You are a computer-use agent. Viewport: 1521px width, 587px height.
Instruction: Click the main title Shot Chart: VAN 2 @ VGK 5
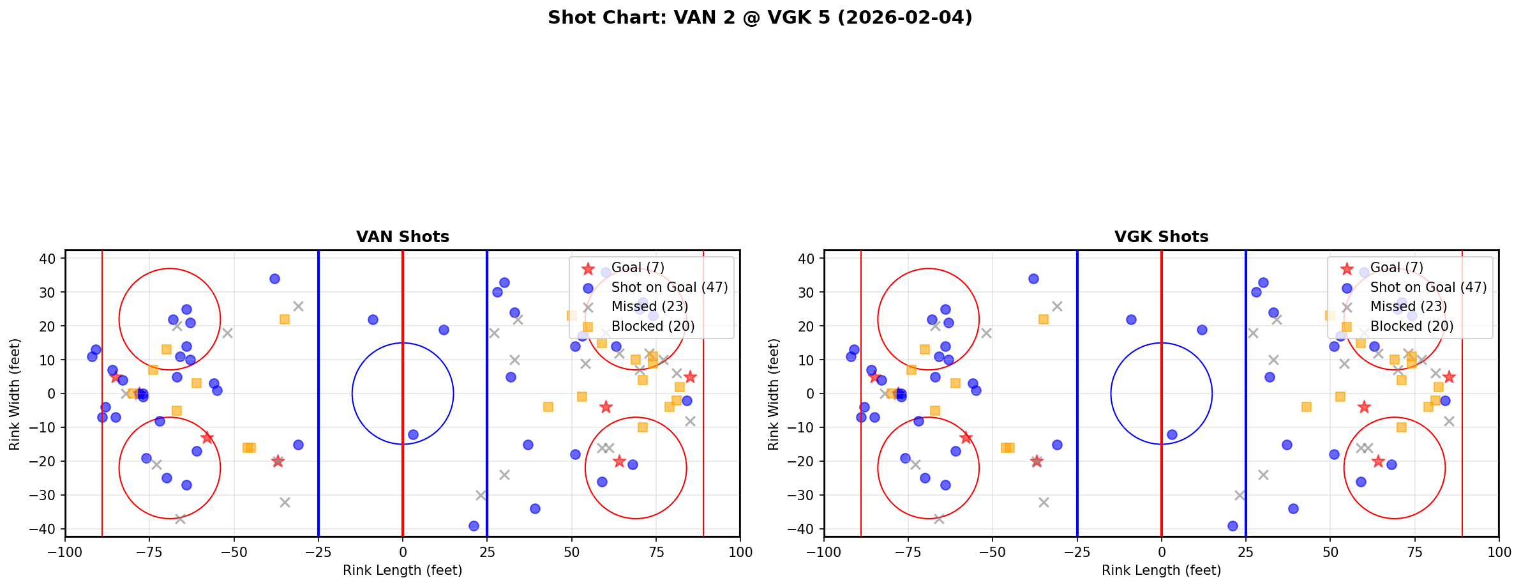click(760, 18)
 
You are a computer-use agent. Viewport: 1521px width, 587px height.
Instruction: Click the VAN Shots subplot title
click(402, 237)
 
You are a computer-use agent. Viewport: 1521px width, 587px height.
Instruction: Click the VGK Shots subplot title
click(1161, 237)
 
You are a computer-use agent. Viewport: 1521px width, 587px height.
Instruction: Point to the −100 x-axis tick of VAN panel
click(65, 552)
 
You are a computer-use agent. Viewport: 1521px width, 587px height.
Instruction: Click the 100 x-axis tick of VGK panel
click(1498, 552)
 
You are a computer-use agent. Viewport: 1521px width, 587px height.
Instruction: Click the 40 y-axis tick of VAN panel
click(52, 259)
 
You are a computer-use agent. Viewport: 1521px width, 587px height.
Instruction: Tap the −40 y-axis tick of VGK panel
click(807, 529)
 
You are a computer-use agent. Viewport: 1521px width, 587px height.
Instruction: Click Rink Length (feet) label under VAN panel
click(402, 570)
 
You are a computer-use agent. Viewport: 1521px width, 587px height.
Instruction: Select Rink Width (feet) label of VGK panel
click(774, 394)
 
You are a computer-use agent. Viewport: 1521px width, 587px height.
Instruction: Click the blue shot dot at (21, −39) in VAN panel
click(474, 526)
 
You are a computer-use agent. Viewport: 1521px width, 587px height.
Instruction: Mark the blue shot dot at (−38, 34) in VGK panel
click(1033, 278)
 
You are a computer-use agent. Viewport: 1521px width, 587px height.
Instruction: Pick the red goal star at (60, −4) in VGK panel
click(1364, 407)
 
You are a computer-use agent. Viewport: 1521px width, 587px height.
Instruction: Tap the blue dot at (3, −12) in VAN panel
click(413, 434)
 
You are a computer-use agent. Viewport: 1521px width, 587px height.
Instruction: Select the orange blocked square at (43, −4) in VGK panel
click(1307, 407)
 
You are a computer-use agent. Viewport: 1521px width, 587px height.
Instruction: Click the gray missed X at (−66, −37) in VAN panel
click(180, 519)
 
